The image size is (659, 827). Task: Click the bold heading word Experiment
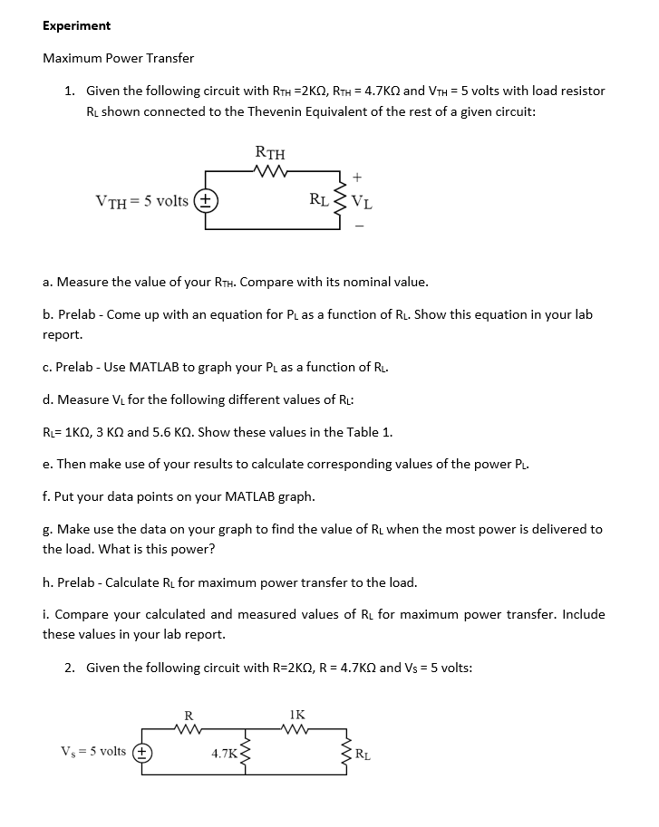click(x=76, y=25)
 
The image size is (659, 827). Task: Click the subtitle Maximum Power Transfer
click(x=118, y=58)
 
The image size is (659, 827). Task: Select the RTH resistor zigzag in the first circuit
click(x=271, y=169)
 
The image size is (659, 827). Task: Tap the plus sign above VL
click(x=358, y=178)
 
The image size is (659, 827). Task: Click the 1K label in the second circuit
click(x=296, y=713)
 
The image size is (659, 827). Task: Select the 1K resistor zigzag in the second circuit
click(x=296, y=727)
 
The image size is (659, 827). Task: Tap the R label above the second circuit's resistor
click(x=189, y=713)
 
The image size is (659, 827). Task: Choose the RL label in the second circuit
click(x=362, y=753)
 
